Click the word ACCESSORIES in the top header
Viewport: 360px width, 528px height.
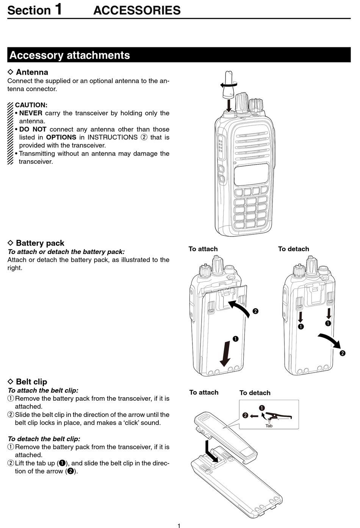137,10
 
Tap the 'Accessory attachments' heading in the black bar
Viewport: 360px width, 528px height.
69,55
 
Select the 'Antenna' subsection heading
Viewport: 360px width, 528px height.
32,72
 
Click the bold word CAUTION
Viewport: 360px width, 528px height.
31,105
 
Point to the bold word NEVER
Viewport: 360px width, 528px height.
31,113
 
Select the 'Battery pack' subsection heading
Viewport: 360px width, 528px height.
40,243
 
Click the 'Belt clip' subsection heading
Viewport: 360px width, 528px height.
31,382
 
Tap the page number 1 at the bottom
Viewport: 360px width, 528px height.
179,525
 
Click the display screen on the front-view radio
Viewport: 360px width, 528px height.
251,175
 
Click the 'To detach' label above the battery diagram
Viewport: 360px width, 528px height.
293,249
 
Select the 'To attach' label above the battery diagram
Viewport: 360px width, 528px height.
203,249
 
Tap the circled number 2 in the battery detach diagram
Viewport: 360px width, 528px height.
343,353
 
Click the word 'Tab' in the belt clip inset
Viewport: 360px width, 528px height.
269,426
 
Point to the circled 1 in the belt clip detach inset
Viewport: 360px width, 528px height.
262,408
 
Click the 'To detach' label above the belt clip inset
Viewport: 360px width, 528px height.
255,393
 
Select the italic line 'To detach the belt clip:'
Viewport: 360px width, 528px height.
44,439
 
